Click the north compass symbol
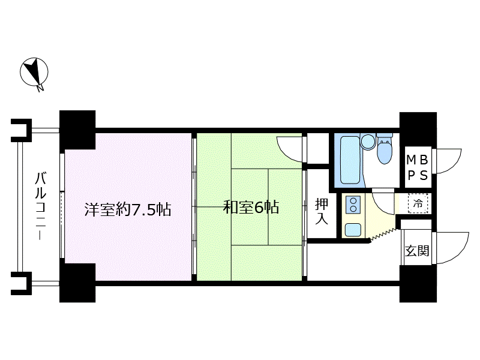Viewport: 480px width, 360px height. pos(35,73)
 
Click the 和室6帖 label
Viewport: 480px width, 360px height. pos(250,209)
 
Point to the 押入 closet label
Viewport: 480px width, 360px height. pos(322,211)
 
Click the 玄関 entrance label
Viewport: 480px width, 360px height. pos(417,251)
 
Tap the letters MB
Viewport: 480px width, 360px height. pos(418,160)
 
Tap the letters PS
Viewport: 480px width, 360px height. pos(418,175)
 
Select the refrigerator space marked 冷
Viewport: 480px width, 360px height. pos(418,203)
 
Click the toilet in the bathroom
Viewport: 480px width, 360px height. pos(384,150)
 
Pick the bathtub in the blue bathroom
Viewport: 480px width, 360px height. pos(349,159)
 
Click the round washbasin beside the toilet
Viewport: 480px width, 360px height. pos(368,141)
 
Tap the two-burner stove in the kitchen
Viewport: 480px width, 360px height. pos(353,205)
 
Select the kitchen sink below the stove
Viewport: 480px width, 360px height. pos(353,229)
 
